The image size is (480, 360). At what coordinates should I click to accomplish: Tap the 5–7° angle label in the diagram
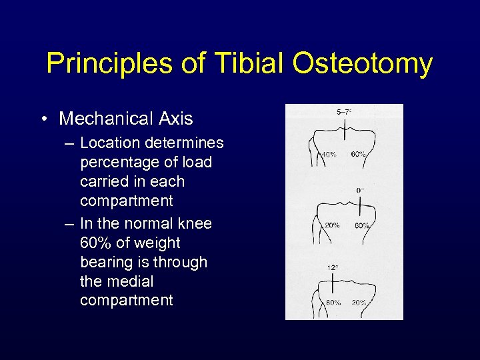(345, 112)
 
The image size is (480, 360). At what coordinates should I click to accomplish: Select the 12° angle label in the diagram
(332, 267)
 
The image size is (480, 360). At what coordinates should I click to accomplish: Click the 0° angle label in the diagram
(360, 190)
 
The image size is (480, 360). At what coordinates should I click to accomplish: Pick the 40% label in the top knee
(328, 154)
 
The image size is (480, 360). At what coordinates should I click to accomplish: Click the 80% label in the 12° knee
(333, 303)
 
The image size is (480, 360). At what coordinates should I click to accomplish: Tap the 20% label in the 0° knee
(332, 225)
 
